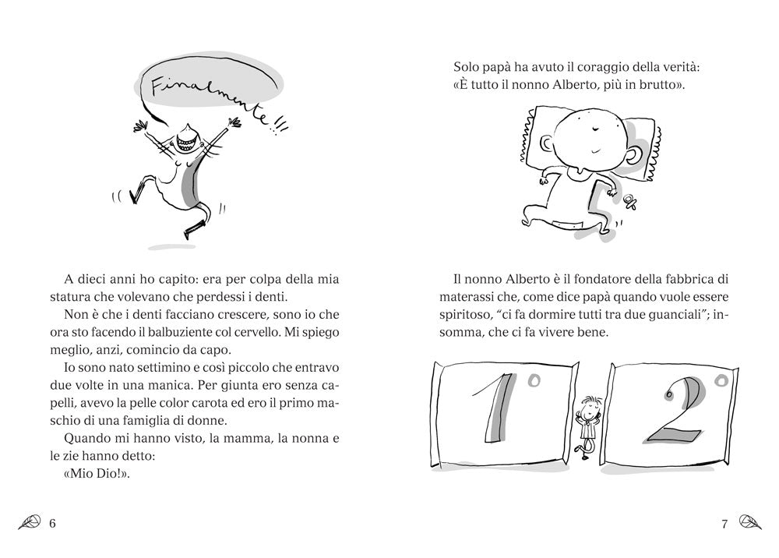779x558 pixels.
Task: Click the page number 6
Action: [x=53, y=523]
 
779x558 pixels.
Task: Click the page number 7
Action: [x=724, y=524]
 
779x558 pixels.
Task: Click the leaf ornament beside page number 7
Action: [x=749, y=523]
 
